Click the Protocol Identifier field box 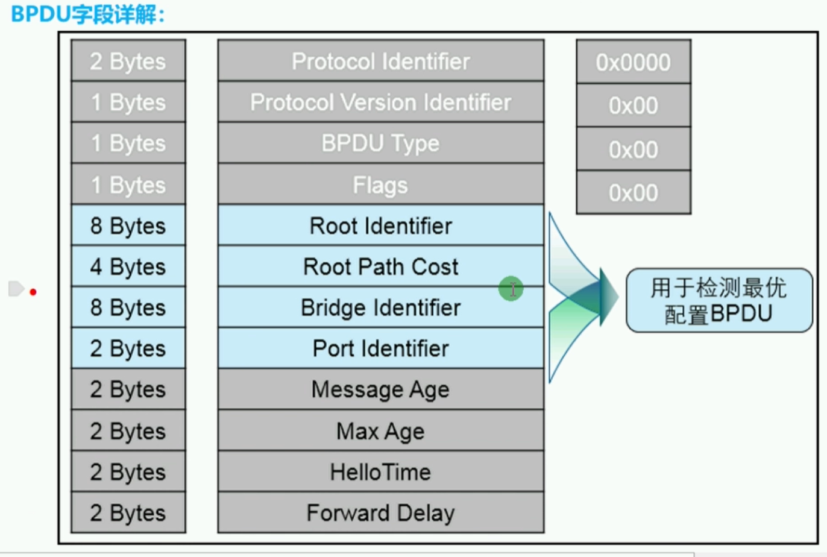[x=380, y=61]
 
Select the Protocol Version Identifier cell [x=380, y=102]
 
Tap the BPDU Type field [x=380, y=143]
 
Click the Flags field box [x=380, y=184]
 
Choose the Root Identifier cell [x=380, y=225]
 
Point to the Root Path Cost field [x=380, y=266]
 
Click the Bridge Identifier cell [x=380, y=307]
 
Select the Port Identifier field [x=380, y=348]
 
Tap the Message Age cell [x=380, y=389]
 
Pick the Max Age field [x=380, y=431]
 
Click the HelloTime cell [x=380, y=472]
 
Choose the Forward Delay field [x=380, y=513]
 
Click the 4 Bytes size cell [x=128, y=266]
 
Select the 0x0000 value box [x=633, y=62]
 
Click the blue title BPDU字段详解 [x=88, y=14]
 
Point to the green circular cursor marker [x=511, y=289]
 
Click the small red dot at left [x=33, y=292]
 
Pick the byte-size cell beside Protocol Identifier [x=128, y=61]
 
